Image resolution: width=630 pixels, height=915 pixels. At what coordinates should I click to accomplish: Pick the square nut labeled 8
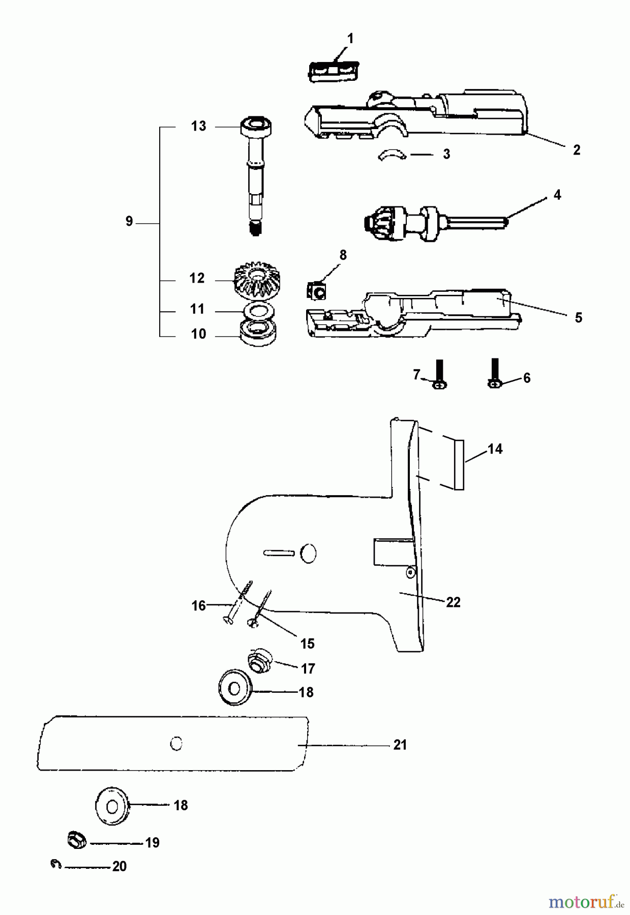pos(317,291)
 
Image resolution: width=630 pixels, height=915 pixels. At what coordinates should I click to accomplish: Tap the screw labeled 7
pos(440,374)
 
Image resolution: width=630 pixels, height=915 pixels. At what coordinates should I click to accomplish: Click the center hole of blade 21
pos(176,744)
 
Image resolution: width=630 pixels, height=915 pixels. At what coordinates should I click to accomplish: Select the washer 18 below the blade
pos(112,806)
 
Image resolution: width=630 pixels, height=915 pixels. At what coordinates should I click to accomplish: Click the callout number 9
pos(129,222)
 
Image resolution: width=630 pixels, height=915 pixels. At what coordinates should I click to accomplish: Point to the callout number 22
pos(453,602)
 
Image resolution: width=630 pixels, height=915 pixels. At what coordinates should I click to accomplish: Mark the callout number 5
pos(579,318)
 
